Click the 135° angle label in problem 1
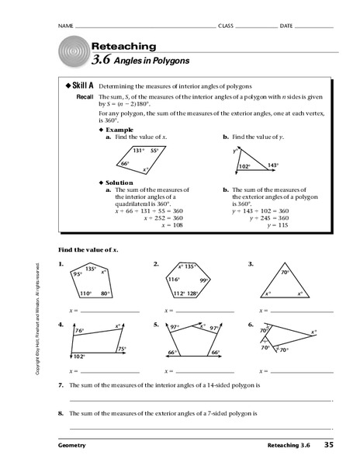[x=91, y=269]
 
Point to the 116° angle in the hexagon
[x=173, y=278]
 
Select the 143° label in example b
[x=272, y=165]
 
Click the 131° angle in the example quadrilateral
[x=138, y=151]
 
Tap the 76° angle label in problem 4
[x=80, y=331]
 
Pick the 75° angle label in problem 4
[x=122, y=349]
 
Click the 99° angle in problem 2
[x=204, y=280]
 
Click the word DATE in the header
[x=286, y=26]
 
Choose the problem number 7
[x=61, y=385]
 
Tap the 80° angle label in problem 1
[x=104, y=294]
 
